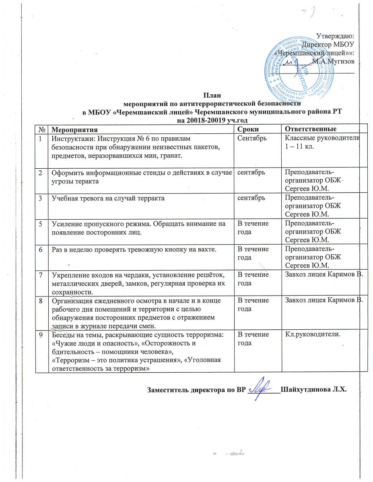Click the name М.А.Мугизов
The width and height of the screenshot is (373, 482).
(x=336, y=61)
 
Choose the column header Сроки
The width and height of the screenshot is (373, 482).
(x=247, y=129)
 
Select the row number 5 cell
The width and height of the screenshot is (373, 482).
(x=41, y=224)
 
